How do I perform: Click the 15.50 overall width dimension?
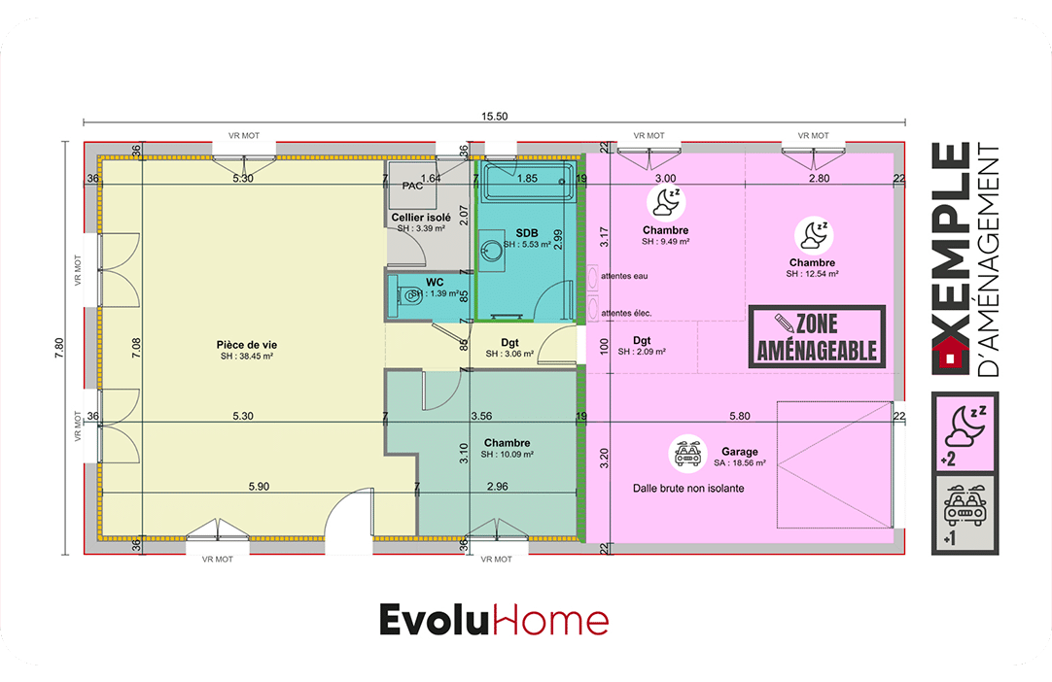(495, 117)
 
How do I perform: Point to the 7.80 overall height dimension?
(59, 348)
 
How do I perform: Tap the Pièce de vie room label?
(247, 345)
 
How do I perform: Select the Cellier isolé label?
(421, 218)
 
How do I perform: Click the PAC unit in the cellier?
(412, 186)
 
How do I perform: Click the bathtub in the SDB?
(529, 181)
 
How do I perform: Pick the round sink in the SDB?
(492, 251)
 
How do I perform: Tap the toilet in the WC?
(408, 295)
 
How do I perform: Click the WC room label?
(435, 283)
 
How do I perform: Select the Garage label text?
(739, 452)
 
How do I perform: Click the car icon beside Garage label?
(687, 454)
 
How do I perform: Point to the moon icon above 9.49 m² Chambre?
(666, 202)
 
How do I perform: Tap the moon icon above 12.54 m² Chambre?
(813, 235)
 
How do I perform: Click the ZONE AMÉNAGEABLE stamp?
(817, 337)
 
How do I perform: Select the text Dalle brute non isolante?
(688, 489)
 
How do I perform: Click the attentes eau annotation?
(624, 276)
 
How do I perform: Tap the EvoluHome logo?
(495, 620)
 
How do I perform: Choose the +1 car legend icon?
(964, 514)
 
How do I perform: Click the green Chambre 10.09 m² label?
(508, 443)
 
